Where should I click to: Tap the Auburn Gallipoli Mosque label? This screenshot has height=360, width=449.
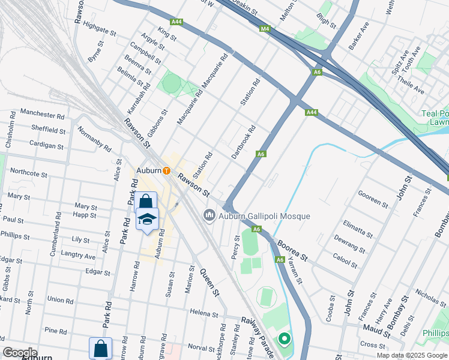[264, 216]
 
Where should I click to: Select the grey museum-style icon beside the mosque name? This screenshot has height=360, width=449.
[209, 215]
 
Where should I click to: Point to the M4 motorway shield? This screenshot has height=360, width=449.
[265, 29]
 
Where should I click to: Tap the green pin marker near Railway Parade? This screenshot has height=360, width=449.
[283, 339]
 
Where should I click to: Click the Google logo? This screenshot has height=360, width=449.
[20, 353]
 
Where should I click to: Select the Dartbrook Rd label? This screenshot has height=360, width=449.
[244, 142]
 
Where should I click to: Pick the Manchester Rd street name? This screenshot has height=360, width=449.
[41, 112]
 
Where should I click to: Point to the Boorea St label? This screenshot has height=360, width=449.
[292, 251]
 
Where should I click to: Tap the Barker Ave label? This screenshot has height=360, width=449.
[358, 36]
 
